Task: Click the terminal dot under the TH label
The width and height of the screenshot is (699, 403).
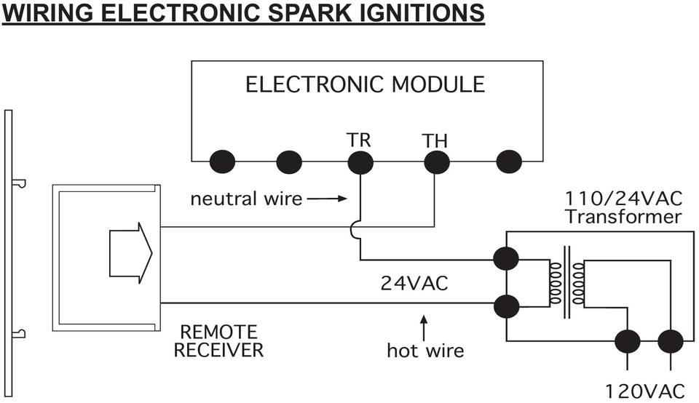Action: [x=435, y=161]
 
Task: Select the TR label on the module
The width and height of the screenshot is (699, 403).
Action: [x=359, y=139]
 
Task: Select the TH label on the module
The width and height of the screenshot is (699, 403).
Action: [x=435, y=141]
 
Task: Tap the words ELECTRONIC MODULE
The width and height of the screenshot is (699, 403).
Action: [x=365, y=84]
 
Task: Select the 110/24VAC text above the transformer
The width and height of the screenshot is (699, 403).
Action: [x=623, y=198]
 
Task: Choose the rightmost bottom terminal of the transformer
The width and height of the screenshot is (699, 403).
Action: [x=670, y=340]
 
